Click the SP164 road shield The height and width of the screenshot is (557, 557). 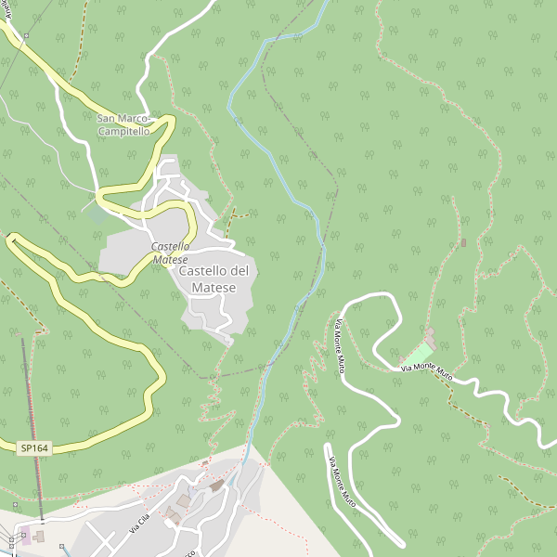coord(34,448)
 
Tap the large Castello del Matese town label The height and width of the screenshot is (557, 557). coord(214,279)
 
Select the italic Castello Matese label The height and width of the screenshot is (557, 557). coord(171,253)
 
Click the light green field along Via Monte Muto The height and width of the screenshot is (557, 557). coord(419,354)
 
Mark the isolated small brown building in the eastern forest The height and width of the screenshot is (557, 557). coord(462,243)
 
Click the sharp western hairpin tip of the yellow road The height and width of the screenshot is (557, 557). coord(11,240)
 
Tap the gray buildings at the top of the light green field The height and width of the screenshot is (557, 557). coord(429,334)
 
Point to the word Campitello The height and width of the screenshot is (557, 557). coord(123,131)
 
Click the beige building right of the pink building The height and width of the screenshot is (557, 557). coord(39,536)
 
